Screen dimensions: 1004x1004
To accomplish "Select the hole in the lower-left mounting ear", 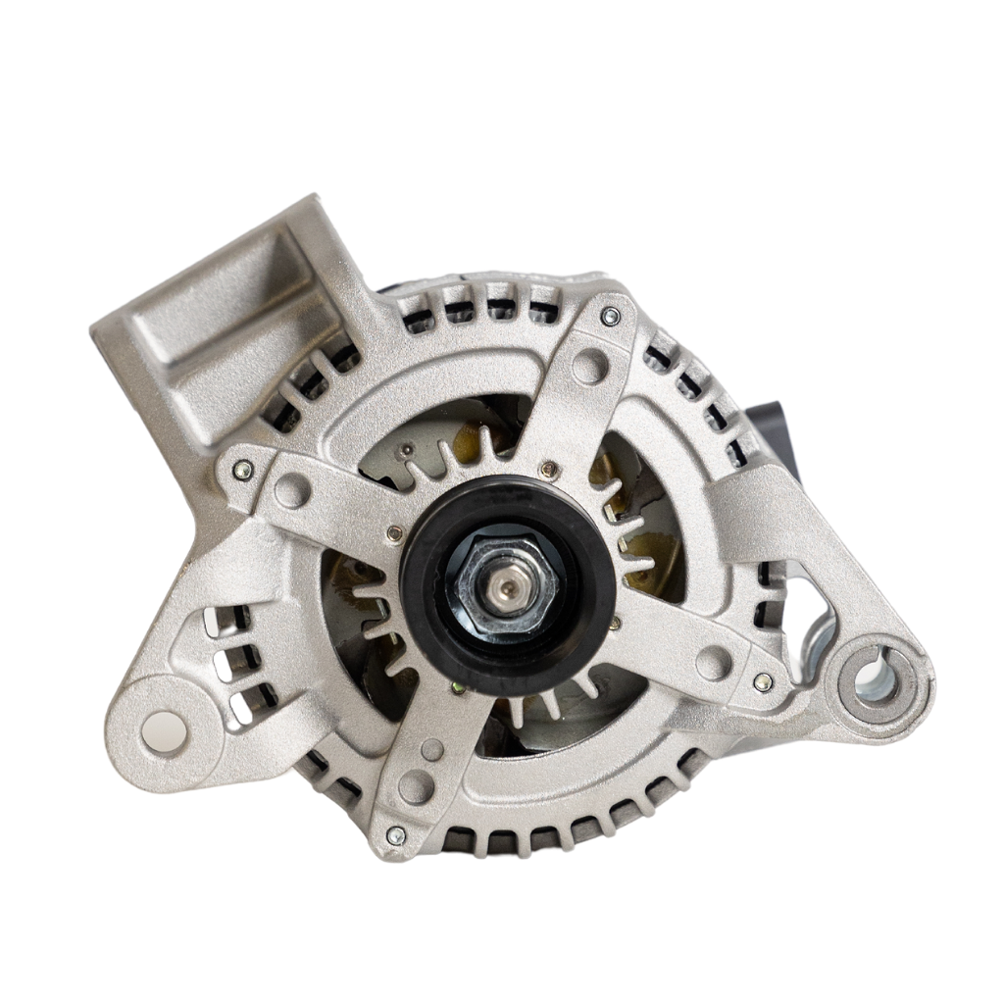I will (x=163, y=728).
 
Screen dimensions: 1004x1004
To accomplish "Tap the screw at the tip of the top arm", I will (x=611, y=316).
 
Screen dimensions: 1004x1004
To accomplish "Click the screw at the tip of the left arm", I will (x=241, y=470).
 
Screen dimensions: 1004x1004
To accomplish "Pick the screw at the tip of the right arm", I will (x=764, y=681).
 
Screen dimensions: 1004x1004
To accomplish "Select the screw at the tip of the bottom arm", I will (x=396, y=835).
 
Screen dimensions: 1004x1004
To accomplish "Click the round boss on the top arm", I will (x=589, y=366).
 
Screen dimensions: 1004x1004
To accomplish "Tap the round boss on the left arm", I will (x=292, y=489).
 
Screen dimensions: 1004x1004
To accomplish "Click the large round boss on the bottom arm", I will (x=416, y=786).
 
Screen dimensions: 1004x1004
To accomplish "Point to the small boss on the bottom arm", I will (x=432, y=750).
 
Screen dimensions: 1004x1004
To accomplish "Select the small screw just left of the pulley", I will (x=395, y=533).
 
